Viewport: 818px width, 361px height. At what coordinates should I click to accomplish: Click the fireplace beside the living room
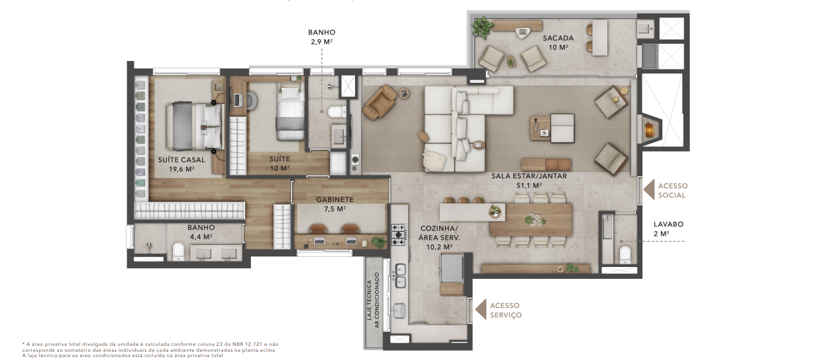[x=649, y=130]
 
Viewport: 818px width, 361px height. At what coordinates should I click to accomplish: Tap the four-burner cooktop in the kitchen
[x=399, y=234]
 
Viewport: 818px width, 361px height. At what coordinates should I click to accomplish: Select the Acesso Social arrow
[x=648, y=190]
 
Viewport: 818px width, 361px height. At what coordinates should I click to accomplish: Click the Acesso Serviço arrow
[x=481, y=309]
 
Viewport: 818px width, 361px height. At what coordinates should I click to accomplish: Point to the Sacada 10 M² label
[x=558, y=42]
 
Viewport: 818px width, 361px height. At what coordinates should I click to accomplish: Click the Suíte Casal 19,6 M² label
[x=181, y=164]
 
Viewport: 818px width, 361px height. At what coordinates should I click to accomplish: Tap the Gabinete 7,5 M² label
[x=335, y=204]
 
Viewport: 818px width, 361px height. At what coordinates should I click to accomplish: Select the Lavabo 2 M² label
[x=668, y=229]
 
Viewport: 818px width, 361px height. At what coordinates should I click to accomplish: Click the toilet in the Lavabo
[x=625, y=255]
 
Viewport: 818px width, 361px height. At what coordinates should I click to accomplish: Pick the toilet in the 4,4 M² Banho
[x=179, y=252]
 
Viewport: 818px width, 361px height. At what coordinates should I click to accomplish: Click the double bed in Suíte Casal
[x=194, y=127]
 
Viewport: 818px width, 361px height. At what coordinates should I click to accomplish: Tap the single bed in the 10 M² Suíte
[x=291, y=111]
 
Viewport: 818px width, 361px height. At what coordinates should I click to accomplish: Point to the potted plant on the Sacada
[x=483, y=27]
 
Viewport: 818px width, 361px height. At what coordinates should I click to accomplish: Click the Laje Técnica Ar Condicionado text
[x=373, y=300]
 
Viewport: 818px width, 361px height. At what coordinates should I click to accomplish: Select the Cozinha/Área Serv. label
[x=439, y=238]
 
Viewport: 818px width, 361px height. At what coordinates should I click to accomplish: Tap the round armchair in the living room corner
[x=380, y=102]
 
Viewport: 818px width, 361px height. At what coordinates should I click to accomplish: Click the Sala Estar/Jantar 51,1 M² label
[x=529, y=181]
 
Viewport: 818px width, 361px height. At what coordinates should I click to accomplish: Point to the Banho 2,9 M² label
[x=322, y=37]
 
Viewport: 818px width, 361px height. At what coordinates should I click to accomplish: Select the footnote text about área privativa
[x=150, y=350]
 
